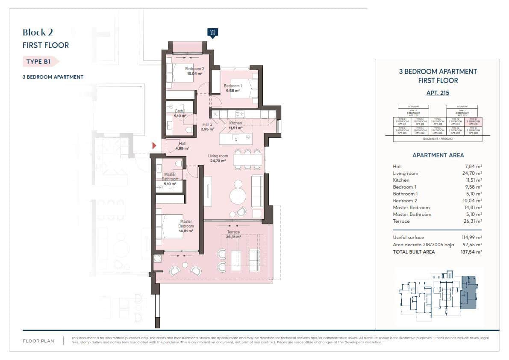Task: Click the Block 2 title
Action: pos(38,32)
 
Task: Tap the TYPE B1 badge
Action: pos(39,62)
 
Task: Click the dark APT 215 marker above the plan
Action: pos(212,32)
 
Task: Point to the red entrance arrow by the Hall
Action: pos(154,146)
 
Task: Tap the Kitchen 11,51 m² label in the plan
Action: pos(235,125)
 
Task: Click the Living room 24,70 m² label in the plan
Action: pos(218,159)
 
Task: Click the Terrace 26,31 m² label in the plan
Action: pos(233,234)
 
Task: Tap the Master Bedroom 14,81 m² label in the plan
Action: pos(186,226)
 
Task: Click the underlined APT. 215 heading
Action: pos(438,92)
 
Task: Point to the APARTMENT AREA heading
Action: pos(438,155)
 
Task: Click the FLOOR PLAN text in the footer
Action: pos(38,341)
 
